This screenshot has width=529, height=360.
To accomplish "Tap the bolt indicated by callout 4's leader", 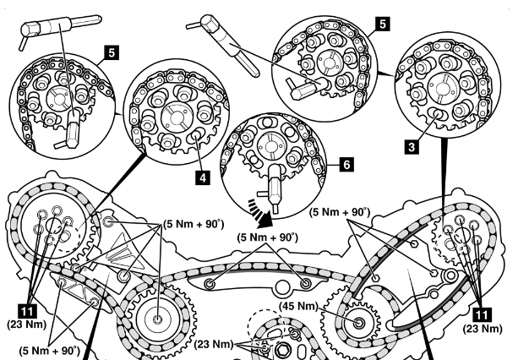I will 195,134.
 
